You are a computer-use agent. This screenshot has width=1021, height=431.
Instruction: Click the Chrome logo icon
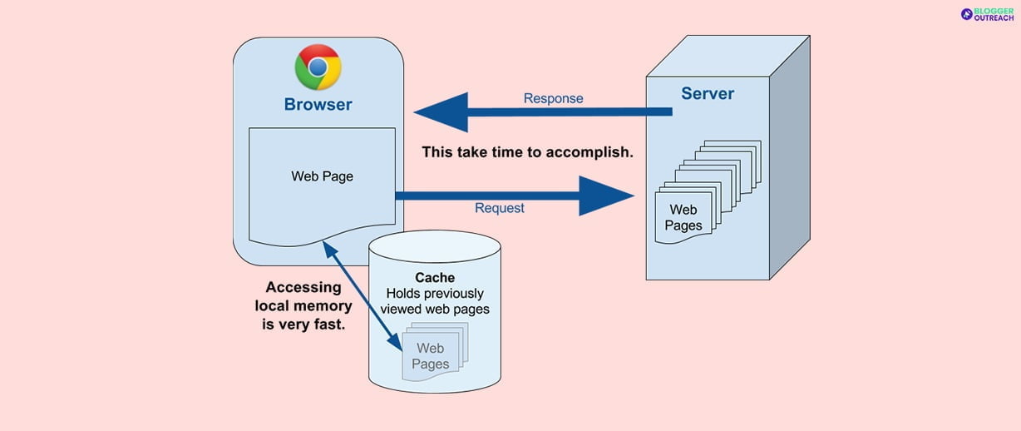pyautogui.click(x=318, y=67)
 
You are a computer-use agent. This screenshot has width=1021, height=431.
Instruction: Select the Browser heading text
pyautogui.click(x=318, y=105)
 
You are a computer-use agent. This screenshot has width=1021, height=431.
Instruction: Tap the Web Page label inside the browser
pyautogui.click(x=322, y=176)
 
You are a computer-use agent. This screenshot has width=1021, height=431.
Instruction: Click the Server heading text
pyautogui.click(x=708, y=93)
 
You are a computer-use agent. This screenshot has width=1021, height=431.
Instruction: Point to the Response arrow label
pyautogui.click(x=553, y=98)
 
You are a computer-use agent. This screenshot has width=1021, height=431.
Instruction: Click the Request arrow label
pyautogui.click(x=499, y=208)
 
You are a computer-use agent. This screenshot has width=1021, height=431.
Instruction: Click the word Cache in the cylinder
pyautogui.click(x=435, y=277)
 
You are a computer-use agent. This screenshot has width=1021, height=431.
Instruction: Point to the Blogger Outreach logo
pyautogui.click(x=987, y=14)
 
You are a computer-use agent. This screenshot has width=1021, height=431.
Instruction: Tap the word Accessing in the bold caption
pyautogui.click(x=303, y=287)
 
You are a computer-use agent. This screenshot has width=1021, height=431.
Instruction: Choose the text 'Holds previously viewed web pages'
pyautogui.click(x=435, y=301)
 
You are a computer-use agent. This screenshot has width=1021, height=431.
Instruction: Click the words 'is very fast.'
pyautogui.click(x=303, y=324)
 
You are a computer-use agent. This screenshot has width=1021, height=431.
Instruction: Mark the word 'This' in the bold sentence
pyautogui.click(x=437, y=152)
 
